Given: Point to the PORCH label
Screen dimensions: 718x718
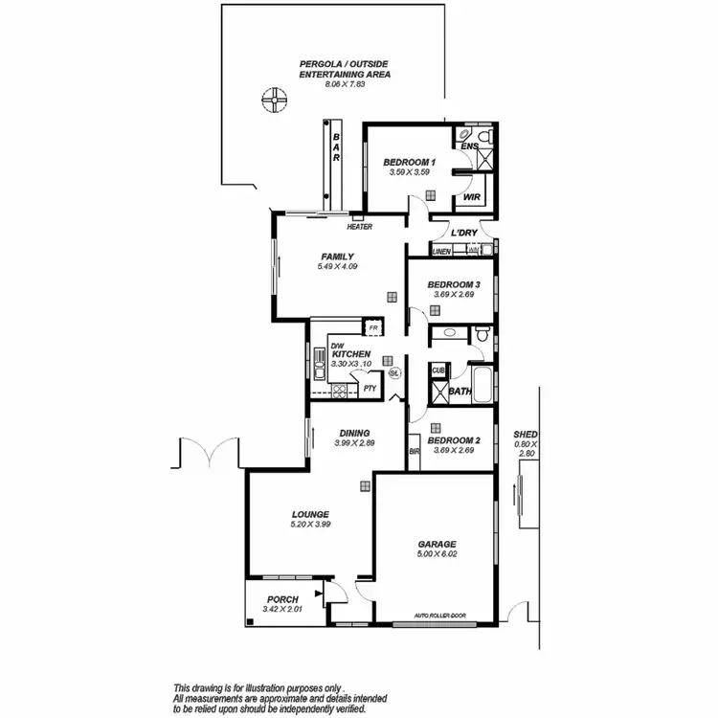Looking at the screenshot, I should click(283, 599).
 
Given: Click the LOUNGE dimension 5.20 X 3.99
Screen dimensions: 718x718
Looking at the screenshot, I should click(310, 524).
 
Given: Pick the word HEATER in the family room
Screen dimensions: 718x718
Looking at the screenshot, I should click(359, 227).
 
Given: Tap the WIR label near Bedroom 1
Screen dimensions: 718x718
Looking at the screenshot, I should click(471, 197).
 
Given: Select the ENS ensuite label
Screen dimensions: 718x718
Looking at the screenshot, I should click(469, 146).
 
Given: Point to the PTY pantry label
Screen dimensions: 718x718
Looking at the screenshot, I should click(369, 388).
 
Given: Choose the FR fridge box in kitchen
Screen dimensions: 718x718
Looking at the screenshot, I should click(373, 328).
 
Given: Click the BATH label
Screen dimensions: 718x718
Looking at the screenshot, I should click(460, 392).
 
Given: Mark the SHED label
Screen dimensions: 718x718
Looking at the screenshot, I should click(526, 434).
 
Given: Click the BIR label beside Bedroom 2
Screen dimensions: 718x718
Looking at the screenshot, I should click(415, 450).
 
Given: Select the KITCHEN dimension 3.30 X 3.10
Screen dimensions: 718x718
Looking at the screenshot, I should click(350, 364).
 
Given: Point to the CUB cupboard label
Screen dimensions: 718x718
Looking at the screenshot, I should click(438, 370).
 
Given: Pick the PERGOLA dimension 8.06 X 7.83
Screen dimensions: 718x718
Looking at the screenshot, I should click(331, 83).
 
